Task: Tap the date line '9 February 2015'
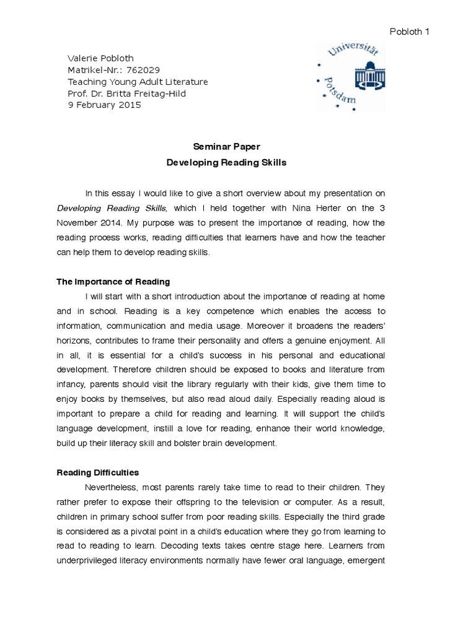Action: click(104, 105)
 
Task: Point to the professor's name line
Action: click(126, 93)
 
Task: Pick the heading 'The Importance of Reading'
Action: click(113, 282)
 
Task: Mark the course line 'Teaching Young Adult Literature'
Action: click(138, 82)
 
